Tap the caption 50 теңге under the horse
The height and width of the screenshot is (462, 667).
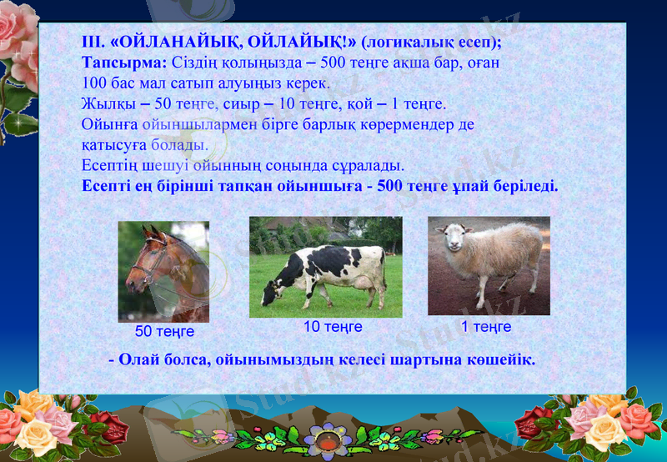[164, 331]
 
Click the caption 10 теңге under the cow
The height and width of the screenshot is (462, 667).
[332, 327]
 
